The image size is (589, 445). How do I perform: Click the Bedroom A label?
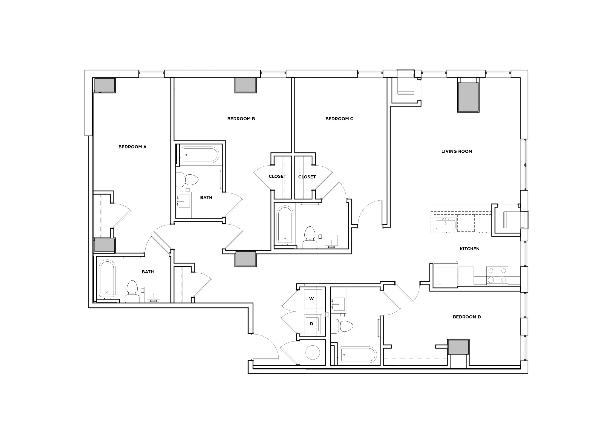coord(132,147)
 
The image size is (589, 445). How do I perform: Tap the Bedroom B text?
coord(241,119)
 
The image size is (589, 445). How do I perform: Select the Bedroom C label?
coord(339,119)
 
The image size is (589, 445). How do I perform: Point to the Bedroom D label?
coord(467,317)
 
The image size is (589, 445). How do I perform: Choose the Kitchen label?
coord(469,249)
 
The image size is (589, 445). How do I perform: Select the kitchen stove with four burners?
coord(497,275)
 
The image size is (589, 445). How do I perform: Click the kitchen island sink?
coord(445,223)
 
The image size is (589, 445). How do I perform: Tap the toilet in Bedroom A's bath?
coord(132,291)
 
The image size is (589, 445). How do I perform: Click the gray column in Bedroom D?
coord(458,347)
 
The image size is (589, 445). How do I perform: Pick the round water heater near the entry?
coord(312,353)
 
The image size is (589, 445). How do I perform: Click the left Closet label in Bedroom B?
coord(277,176)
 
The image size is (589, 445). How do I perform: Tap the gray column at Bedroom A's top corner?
coord(105,85)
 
